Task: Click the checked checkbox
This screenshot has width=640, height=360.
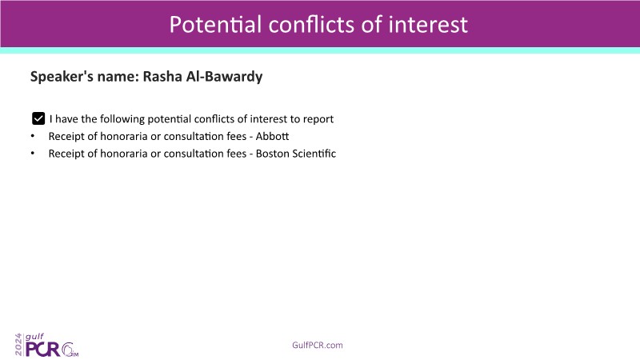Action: click(x=38, y=118)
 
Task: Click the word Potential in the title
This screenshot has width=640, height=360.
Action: click(x=215, y=25)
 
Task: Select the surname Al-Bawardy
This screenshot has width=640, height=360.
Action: click(x=224, y=77)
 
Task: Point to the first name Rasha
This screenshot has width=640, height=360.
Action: click(x=162, y=76)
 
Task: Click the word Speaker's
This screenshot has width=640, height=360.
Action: click(x=62, y=77)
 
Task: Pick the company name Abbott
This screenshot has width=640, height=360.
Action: click(x=272, y=136)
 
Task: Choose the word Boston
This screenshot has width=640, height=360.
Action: click(x=271, y=154)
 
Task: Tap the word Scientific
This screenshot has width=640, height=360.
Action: click(x=313, y=154)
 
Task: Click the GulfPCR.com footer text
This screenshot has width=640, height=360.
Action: click(x=317, y=346)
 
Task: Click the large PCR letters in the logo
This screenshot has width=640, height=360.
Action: click(x=43, y=350)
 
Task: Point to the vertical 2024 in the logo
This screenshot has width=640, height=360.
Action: click(x=18, y=345)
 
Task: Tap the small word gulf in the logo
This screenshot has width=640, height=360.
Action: click(x=34, y=337)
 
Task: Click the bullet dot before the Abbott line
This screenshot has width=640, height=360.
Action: click(x=33, y=136)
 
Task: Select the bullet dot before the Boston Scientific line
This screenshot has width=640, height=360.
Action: click(x=33, y=154)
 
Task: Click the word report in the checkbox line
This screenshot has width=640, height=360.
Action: click(x=318, y=119)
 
